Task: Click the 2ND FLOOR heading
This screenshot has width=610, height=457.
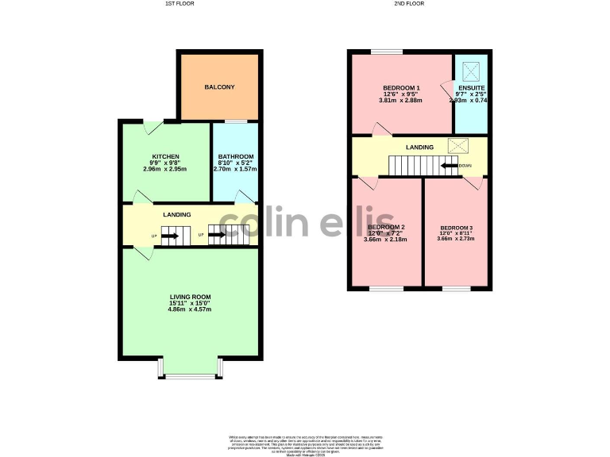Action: click(x=408, y=4)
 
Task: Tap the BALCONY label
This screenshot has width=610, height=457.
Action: click(x=219, y=87)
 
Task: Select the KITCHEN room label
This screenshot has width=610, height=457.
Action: click(x=165, y=156)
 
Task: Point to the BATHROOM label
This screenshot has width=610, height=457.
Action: click(x=235, y=156)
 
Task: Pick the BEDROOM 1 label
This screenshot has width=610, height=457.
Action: click(x=401, y=87)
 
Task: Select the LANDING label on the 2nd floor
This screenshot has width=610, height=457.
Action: click(x=419, y=148)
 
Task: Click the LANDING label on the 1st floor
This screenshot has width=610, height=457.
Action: click(x=176, y=215)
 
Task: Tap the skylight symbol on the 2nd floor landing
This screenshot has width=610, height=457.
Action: click(x=458, y=145)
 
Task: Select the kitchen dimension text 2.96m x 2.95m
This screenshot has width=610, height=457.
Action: click(x=165, y=169)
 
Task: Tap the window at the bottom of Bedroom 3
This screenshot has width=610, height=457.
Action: click(x=456, y=288)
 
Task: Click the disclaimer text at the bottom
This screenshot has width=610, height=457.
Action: click(x=305, y=444)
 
